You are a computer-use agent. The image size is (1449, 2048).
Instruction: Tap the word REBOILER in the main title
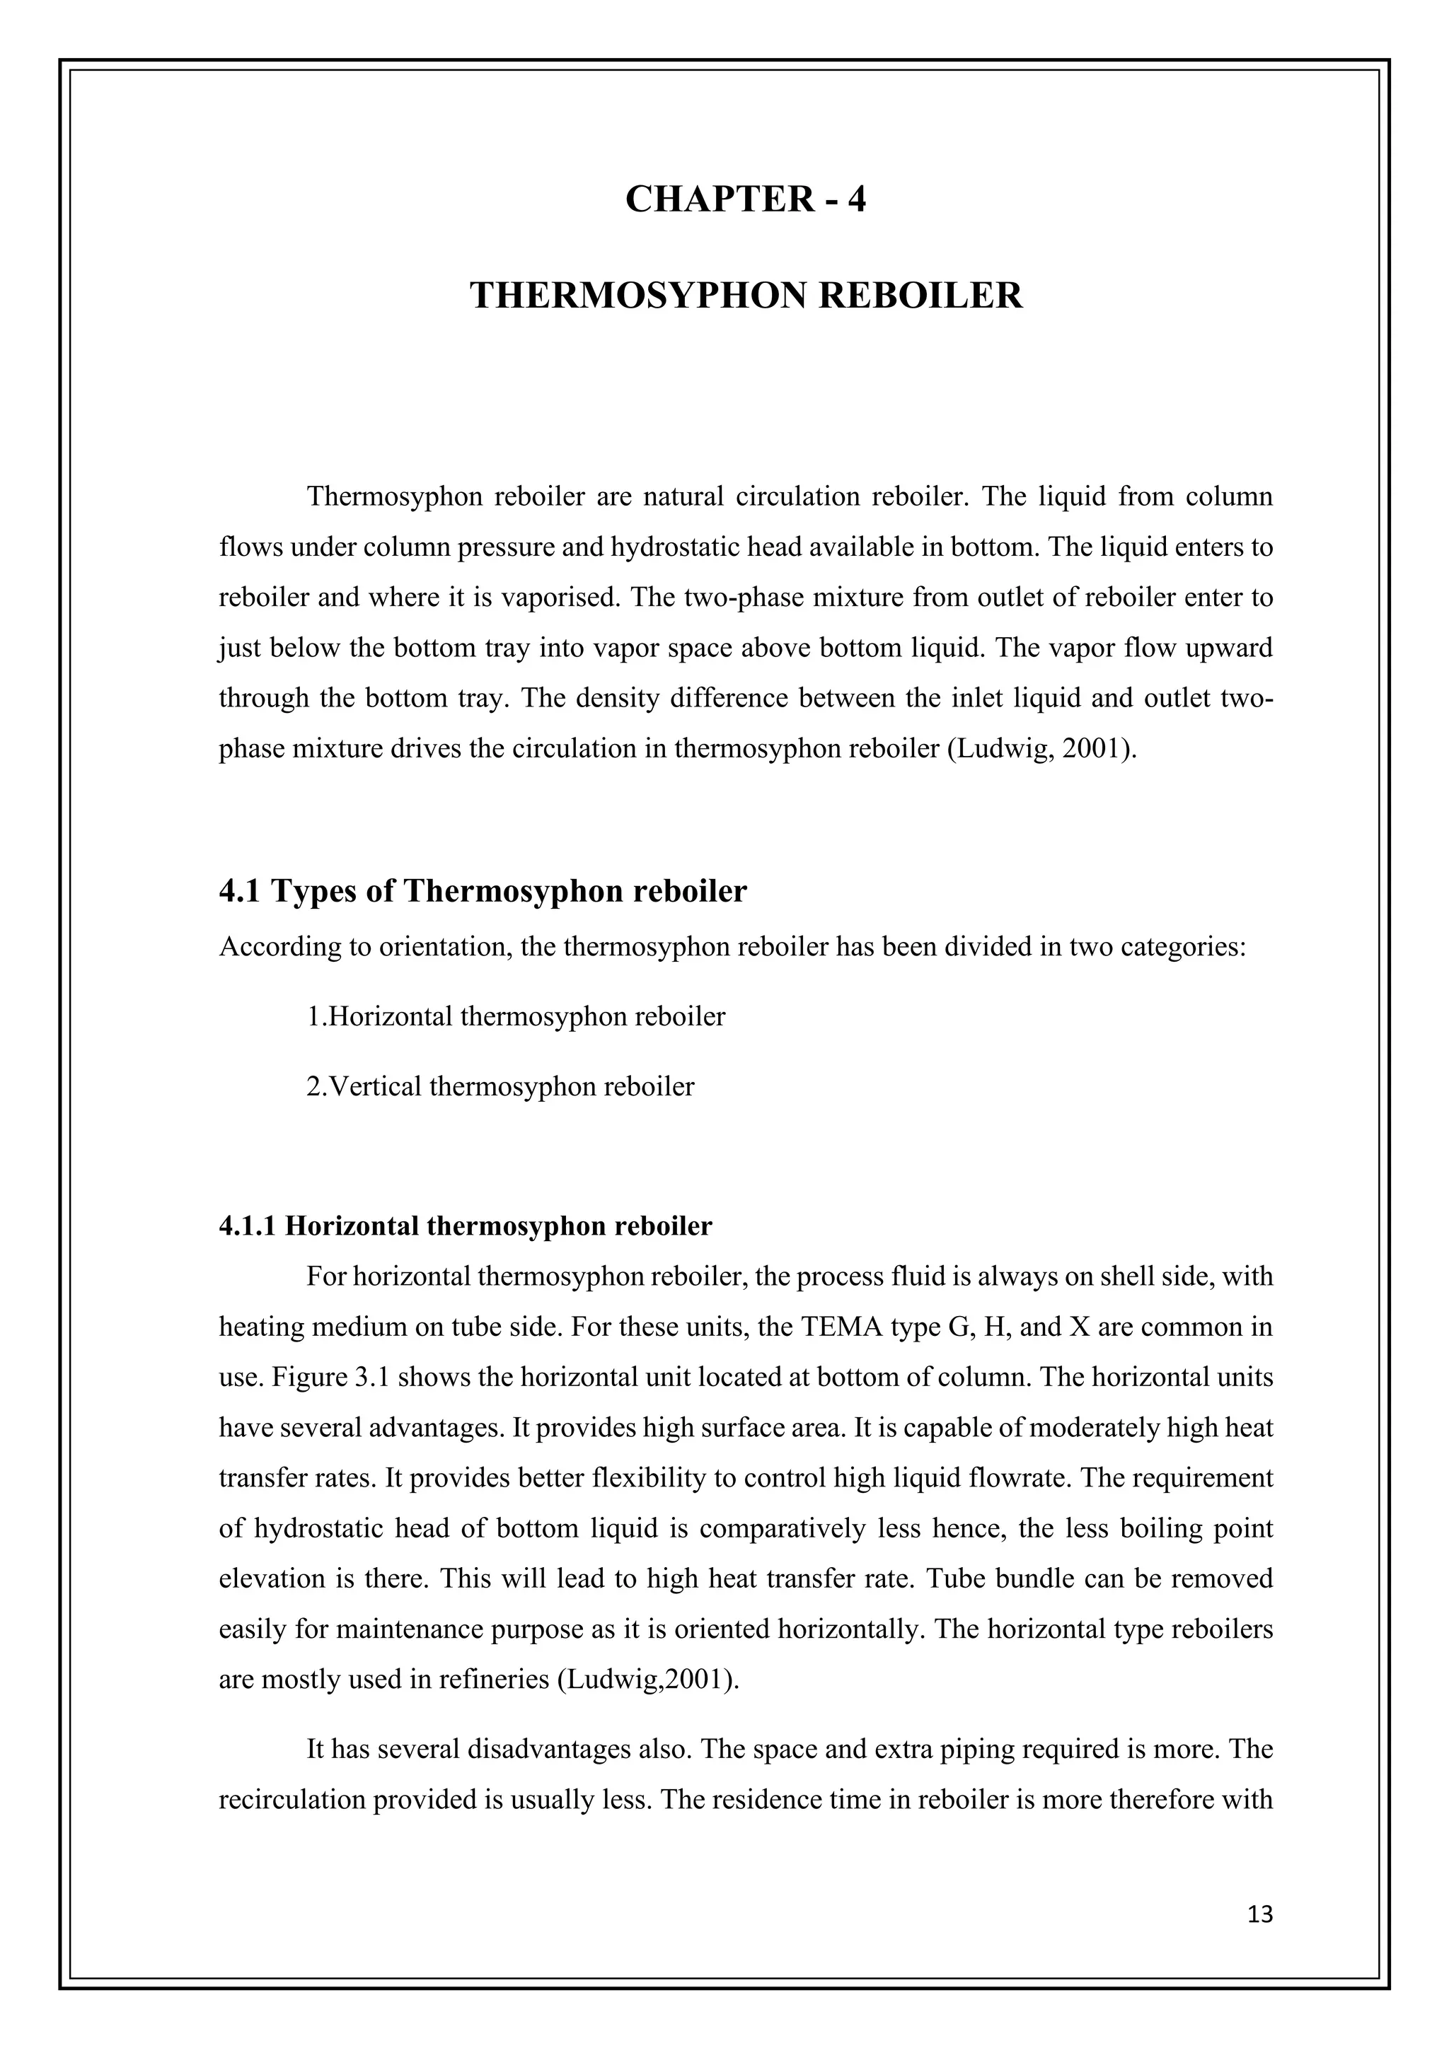pyautogui.click(x=920, y=295)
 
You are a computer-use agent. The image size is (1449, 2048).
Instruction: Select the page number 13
pyautogui.click(x=1260, y=1914)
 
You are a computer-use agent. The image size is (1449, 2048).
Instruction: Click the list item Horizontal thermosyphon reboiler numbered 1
pyautogui.click(x=516, y=1016)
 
